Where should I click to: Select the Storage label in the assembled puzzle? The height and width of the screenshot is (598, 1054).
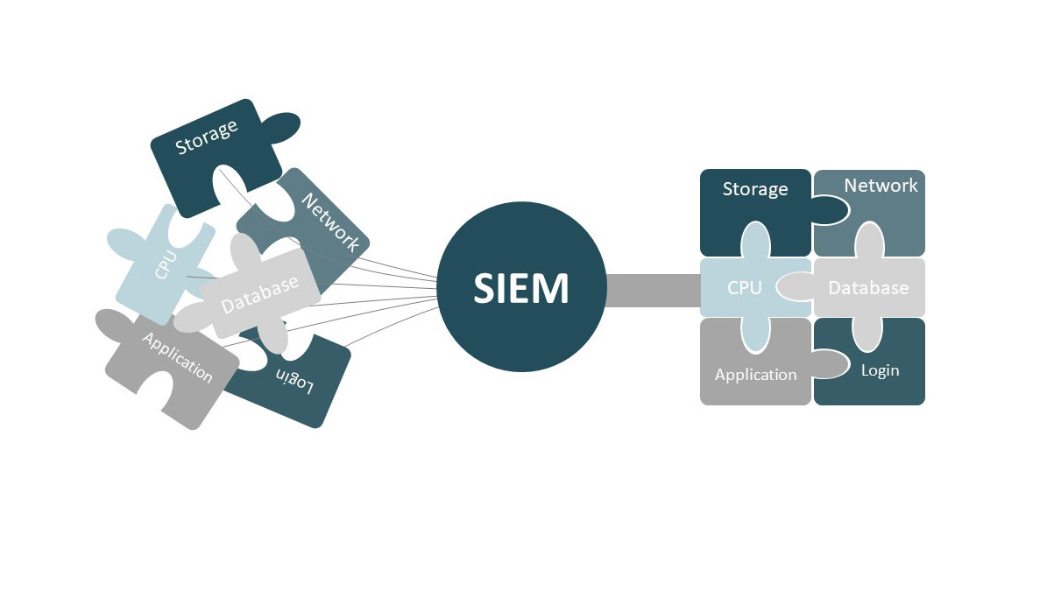click(x=755, y=189)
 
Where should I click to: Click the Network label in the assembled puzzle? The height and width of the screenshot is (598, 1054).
click(x=881, y=186)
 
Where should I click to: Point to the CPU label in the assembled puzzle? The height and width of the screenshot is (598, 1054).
click(x=745, y=287)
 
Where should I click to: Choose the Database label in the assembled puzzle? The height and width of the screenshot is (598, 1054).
click(x=868, y=287)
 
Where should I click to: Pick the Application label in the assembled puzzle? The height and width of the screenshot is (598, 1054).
click(x=755, y=375)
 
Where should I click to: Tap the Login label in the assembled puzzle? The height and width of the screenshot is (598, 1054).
click(x=880, y=370)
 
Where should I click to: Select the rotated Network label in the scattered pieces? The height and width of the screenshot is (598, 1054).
click(x=330, y=222)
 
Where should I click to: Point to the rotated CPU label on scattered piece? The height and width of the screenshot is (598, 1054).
click(x=165, y=265)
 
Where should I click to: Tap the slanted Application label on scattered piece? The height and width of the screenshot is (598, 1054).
click(x=177, y=358)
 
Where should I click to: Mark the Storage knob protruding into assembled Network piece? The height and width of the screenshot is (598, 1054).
click(x=830, y=209)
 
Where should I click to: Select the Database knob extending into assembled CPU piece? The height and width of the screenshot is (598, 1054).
click(x=794, y=285)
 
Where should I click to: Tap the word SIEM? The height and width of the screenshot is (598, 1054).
click(x=521, y=289)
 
